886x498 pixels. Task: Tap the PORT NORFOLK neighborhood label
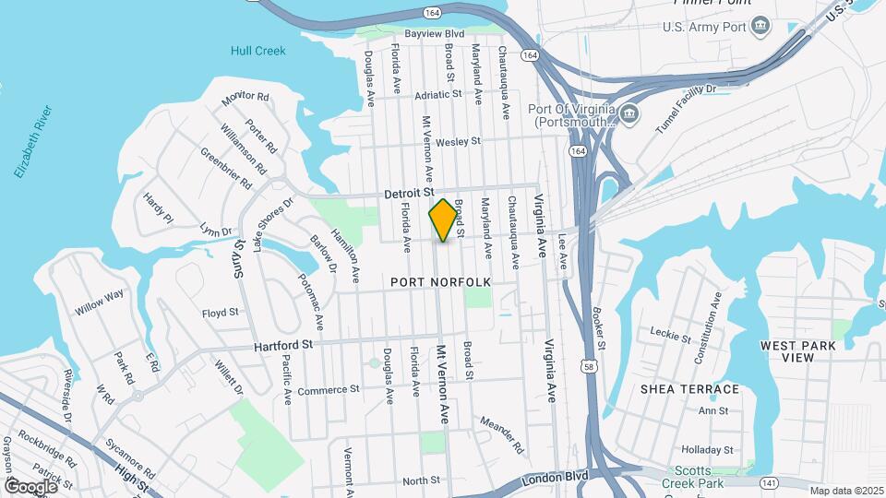pyautogui.click(x=439, y=281)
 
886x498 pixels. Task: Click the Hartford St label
pyautogui.click(x=284, y=345)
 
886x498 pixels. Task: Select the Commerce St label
pyautogui.click(x=328, y=390)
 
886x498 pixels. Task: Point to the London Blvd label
pyautogui.click(x=555, y=480)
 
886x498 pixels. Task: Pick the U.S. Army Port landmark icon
pyautogui.click(x=760, y=25)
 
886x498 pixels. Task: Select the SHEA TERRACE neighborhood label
pyautogui.click(x=689, y=389)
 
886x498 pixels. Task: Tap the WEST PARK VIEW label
pyautogui.click(x=797, y=351)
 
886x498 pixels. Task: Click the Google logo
pyautogui.click(x=31, y=486)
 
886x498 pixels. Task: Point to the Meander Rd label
pyautogui.click(x=501, y=434)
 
